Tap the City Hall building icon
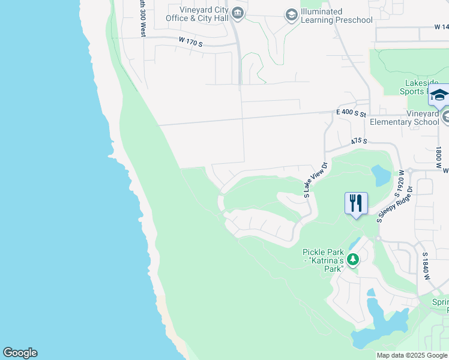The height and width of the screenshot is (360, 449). point(238,14)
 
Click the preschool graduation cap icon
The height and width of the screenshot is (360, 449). point(292,15)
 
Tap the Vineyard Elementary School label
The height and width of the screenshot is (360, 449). point(405,118)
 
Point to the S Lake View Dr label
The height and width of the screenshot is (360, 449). point(315,180)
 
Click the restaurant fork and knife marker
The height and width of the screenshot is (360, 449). point(356,203)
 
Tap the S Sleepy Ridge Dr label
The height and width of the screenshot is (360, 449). point(394,205)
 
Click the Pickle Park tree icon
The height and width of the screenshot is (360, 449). point(353,259)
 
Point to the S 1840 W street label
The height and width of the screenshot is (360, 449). point(426,263)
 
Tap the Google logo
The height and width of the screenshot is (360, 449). point(20,353)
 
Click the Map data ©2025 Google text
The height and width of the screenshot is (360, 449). point(412,355)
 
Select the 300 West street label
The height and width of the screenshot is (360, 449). point(143,18)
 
